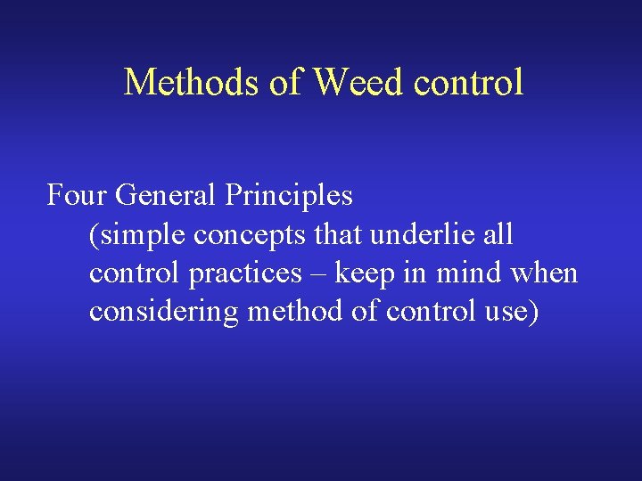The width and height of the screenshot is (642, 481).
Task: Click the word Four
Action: tap(78, 194)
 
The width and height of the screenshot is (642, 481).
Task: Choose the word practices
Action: tap(245, 273)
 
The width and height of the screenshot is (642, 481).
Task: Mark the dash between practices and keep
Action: tap(318, 273)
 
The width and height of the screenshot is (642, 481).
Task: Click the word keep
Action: tap(365, 273)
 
